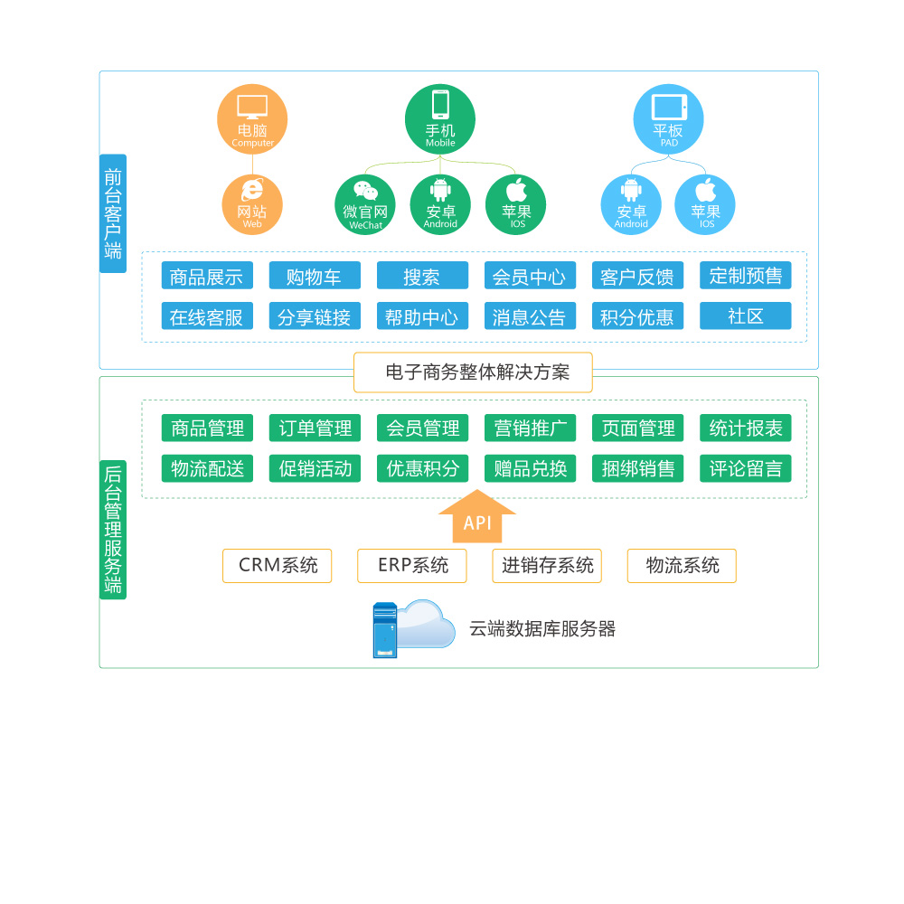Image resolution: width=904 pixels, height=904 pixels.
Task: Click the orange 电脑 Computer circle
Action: pos(252,119)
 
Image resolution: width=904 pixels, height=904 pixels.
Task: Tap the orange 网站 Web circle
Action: pos(252,204)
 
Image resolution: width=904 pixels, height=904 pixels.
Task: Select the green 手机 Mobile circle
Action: pos(440,119)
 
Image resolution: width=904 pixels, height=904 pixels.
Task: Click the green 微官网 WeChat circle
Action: pos(365,204)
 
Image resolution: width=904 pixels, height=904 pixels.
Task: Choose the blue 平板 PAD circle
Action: pos(669,119)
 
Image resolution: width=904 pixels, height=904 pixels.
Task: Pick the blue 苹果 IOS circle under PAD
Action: pos(705,204)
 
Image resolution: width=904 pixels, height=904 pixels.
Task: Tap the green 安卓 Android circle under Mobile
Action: pos(440,204)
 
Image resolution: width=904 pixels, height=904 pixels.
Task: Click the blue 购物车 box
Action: pos(315,276)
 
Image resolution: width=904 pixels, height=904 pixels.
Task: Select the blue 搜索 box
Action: pos(422,276)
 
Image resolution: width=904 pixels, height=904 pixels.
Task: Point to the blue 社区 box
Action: pos(746,315)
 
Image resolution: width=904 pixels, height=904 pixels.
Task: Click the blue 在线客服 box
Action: pos(207,316)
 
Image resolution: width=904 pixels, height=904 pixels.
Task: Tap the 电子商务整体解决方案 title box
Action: pos(473,372)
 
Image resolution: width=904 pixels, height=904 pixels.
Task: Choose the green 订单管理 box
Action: pos(315,428)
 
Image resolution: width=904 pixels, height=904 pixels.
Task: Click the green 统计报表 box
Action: pos(746,428)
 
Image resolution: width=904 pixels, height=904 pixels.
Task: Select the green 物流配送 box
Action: pos(207,468)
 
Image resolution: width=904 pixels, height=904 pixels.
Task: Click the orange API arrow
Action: pos(477,518)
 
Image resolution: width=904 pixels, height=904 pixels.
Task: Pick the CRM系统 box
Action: pos(278,566)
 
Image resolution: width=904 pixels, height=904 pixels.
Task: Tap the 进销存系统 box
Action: pos(547,566)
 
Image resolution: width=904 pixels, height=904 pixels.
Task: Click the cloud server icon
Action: pos(413,628)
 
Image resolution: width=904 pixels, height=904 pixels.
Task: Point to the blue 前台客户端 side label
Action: pos(113,213)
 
